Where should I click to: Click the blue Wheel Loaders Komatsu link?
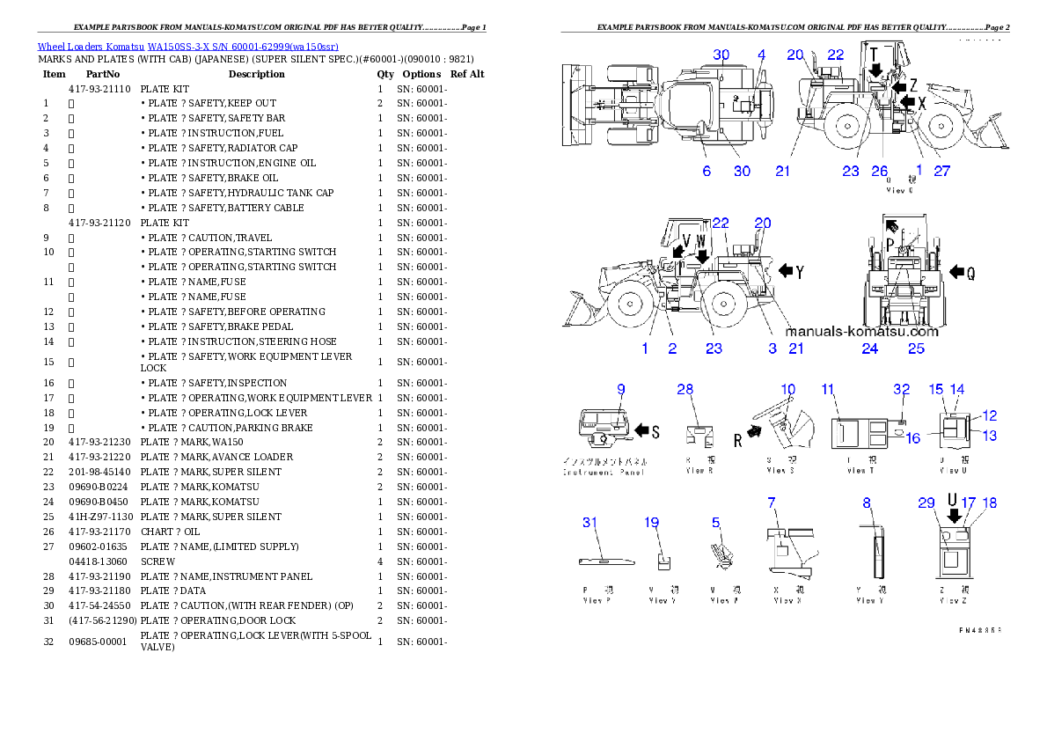click(187, 46)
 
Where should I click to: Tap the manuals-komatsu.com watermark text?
click(861, 332)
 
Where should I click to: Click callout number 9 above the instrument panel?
click(620, 389)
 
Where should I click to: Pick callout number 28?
click(685, 389)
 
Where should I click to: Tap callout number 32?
click(901, 389)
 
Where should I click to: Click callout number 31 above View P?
click(589, 522)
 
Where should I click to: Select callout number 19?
click(651, 522)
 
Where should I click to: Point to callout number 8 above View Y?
click(867, 503)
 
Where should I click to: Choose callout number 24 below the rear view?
click(869, 348)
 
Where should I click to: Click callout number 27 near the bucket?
click(941, 172)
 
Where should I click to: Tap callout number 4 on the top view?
click(762, 55)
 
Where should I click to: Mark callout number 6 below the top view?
click(707, 172)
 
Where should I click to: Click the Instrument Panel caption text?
click(604, 472)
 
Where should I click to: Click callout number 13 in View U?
click(990, 436)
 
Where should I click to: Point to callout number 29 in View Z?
click(926, 503)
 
